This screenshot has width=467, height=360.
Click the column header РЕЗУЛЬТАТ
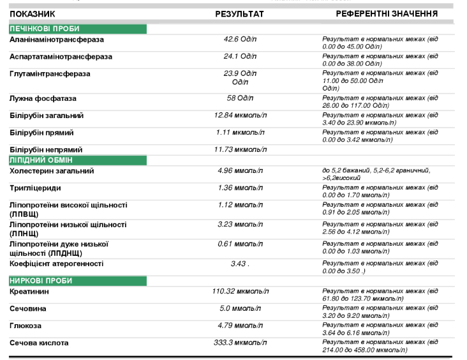coord(239,13)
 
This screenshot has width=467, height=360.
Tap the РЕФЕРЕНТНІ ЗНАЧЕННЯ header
coord(387,13)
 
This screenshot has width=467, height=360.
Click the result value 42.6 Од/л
coord(240,40)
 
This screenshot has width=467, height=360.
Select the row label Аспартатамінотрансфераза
coord(61,57)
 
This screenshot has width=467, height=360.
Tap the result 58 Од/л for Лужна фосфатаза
coord(240,98)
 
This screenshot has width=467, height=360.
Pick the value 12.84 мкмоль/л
coord(240,116)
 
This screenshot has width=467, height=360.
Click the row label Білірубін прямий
coord(41,133)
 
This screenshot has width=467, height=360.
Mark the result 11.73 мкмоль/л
coord(240,149)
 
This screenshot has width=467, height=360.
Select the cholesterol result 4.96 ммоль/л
coord(240,171)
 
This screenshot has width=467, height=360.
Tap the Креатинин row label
coord(29,292)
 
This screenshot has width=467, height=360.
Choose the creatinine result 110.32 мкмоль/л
coord(240,292)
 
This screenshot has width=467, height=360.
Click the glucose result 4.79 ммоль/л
coord(240,326)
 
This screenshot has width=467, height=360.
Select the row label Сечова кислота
coord(39,343)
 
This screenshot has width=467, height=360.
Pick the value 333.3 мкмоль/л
coord(240,343)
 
